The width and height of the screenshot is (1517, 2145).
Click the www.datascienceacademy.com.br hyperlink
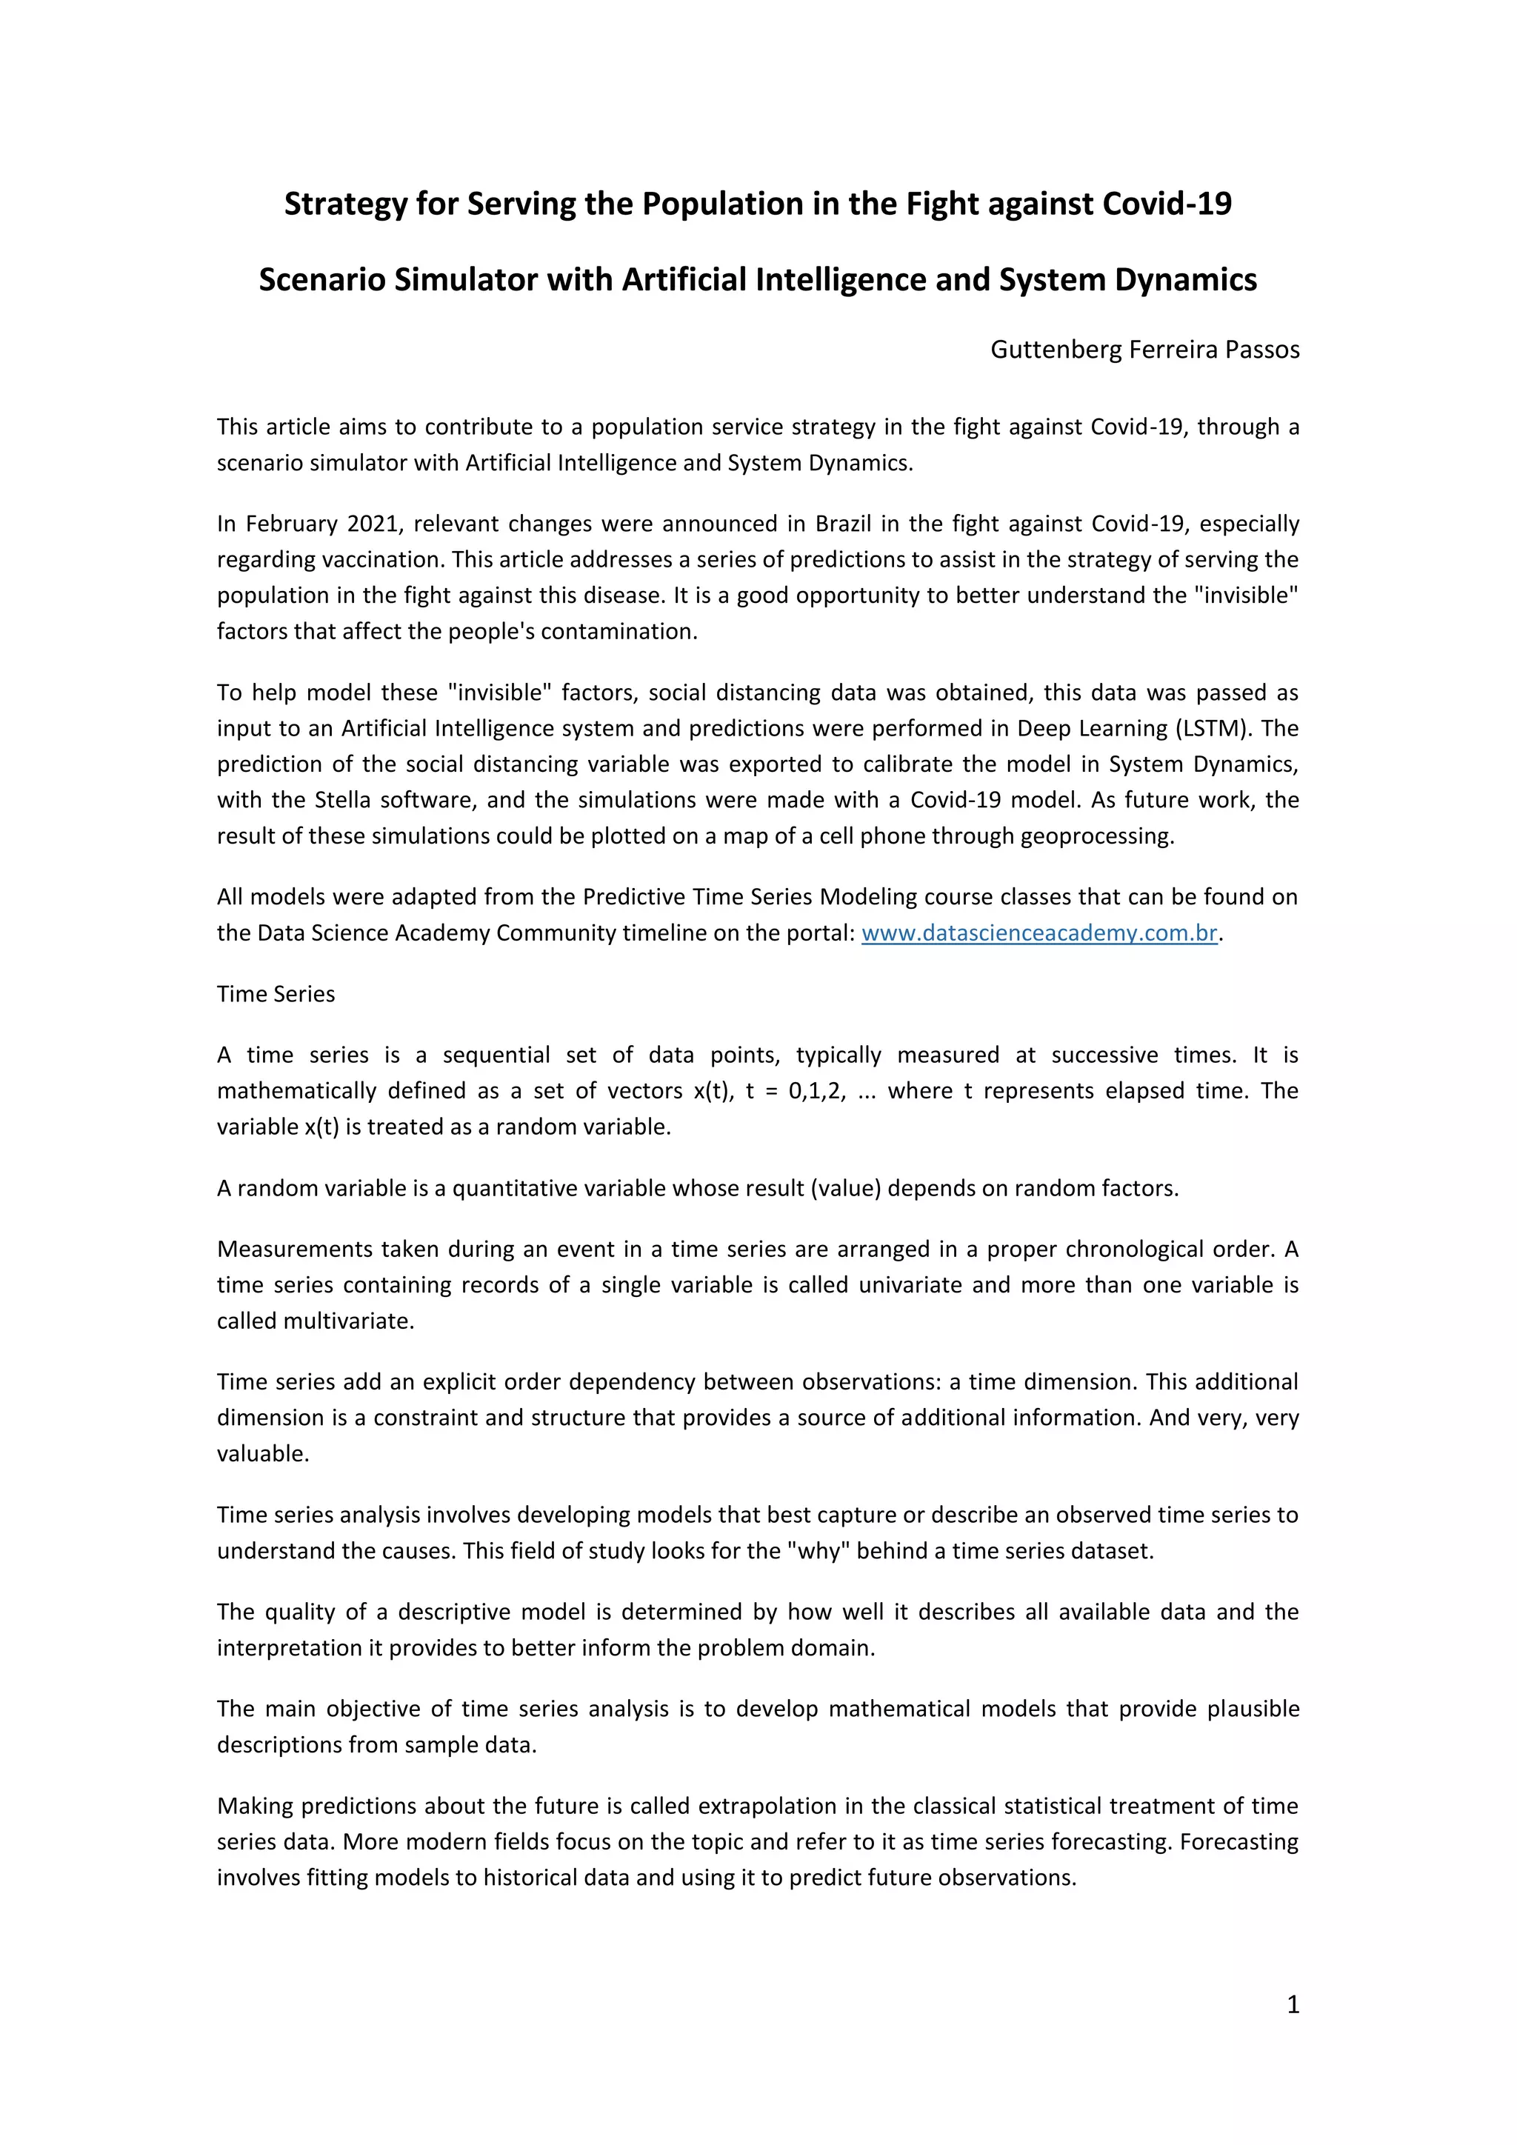pyautogui.click(x=1038, y=933)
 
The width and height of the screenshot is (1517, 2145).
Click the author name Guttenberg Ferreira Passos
pyautogui.click(x=1144, y=350)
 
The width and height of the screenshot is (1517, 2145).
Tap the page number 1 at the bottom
pyautogui.click(x=1293, y=2004)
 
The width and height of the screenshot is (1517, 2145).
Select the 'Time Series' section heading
pyautogui.click(x=276, y=994)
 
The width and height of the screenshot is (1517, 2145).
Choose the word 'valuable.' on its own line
pyautogui.click(x=262, y=1454)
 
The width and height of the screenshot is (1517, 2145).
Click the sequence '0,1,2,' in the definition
pyautogui.click(x=817, y=1091)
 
